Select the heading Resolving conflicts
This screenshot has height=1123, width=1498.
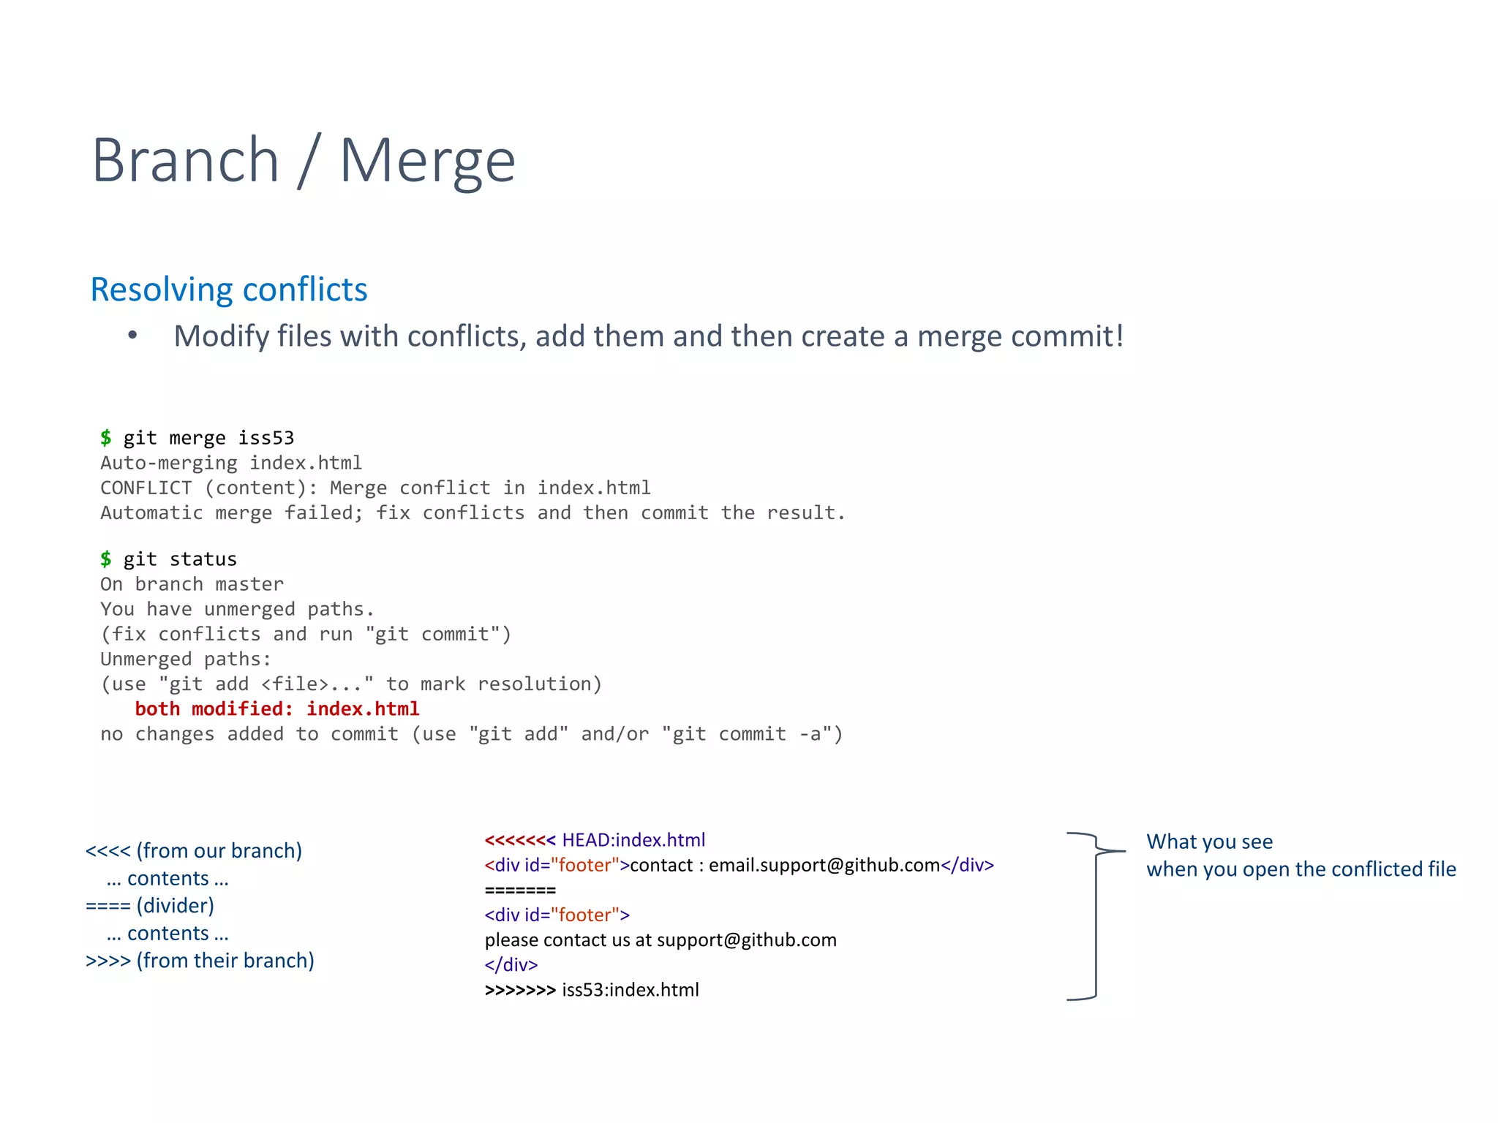228,290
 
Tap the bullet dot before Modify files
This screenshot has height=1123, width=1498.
132,336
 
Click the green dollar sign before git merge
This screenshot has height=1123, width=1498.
106,437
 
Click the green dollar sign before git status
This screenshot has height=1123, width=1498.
106,559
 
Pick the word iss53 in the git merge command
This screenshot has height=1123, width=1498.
266,438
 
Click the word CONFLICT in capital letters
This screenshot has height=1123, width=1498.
146,488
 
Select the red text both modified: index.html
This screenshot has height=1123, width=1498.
276,708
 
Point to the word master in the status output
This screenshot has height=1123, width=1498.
249,584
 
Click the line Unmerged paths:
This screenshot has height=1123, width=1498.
186,659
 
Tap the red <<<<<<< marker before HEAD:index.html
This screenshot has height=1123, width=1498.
520,840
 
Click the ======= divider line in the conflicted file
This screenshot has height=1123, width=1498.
520,891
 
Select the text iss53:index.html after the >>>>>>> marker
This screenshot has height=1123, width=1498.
631,990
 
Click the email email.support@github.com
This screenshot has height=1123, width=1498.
824,866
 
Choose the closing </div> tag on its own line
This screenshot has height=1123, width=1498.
511,965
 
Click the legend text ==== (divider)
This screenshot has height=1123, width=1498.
150,906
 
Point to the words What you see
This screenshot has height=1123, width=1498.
1209,842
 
